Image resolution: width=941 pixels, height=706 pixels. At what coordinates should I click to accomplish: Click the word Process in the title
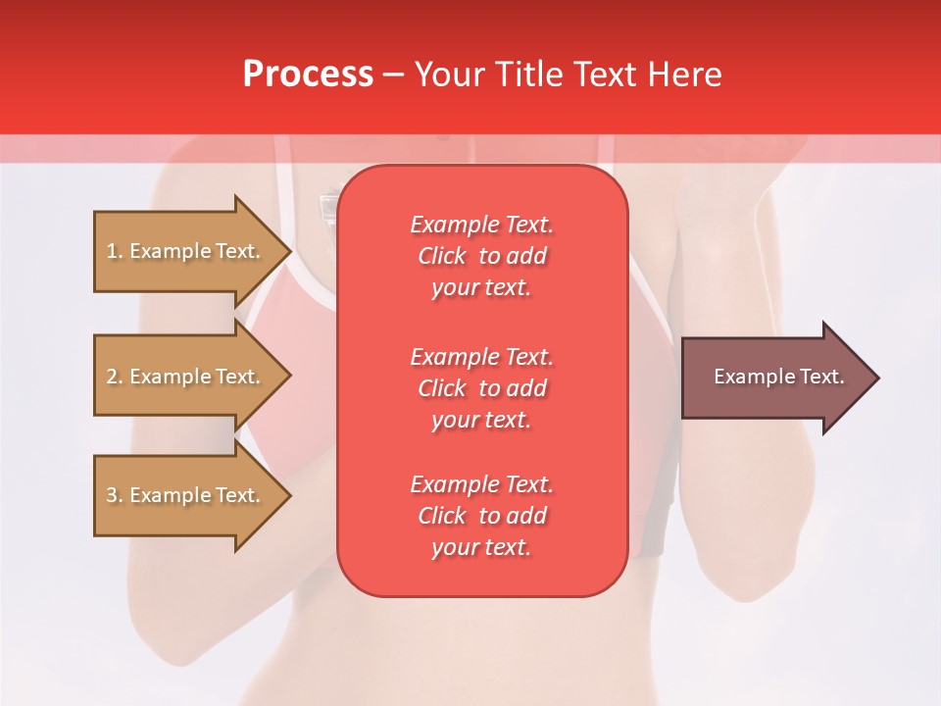tap(308, 75)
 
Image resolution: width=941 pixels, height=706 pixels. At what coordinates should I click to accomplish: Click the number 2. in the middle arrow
tap(115, 377)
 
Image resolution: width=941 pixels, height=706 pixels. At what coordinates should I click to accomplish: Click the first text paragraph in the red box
tap(481, 256)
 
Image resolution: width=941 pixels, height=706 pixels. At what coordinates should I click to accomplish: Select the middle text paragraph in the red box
tap(481, 388)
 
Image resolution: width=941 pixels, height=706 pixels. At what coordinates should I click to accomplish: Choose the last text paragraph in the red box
tap(481, 516)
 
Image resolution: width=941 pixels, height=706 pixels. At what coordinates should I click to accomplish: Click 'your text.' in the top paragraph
tap(481, 288)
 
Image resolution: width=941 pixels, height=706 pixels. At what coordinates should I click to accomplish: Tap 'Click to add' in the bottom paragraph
tap(481, 516)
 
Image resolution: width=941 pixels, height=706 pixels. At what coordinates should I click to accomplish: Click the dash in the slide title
tap(393, 75)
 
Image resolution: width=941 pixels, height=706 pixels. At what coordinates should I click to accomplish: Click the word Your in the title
tap(450, 75)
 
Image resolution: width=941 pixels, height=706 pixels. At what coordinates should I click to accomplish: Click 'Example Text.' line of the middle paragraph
tap(481, 357)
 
